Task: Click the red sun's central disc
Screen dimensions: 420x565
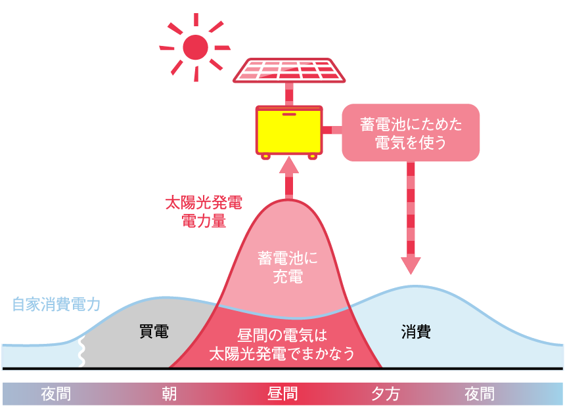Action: (195, 47)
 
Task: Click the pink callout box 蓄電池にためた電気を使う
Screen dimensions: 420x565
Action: (411, 133)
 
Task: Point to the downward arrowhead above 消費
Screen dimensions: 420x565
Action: (411, 264)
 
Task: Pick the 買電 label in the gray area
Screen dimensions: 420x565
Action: (154, 331)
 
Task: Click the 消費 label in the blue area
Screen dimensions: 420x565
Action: (416, 331)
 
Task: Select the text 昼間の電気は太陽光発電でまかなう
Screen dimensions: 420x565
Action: (282, 345)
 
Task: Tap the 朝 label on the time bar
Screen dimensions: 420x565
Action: (169, 394)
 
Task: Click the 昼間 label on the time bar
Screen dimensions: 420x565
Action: (282, 394)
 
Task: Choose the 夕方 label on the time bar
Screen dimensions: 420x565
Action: (386, 394)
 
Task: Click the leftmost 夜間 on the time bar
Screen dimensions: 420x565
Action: (56, 394)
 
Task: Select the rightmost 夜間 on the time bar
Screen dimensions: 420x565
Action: (480, 394)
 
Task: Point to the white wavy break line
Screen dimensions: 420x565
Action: (81, 352)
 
